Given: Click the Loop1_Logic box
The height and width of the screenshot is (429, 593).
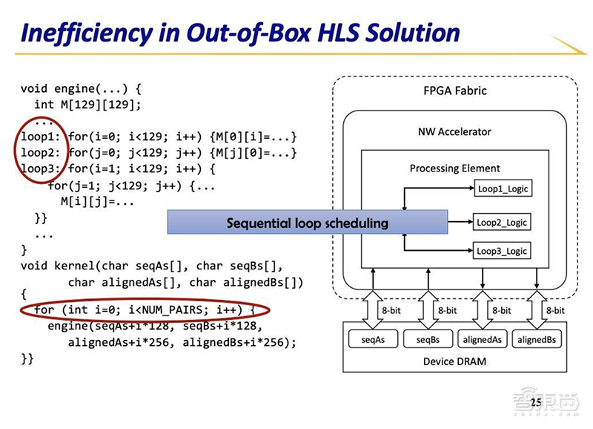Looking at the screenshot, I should pos(503,189).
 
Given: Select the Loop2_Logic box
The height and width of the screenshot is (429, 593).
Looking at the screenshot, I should pos(503,222).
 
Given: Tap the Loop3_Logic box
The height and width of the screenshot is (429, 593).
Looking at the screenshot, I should pos(503,251).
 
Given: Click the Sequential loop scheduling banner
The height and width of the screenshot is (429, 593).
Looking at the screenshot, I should pos(307,223).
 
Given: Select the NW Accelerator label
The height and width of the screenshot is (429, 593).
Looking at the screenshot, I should pos(454,131).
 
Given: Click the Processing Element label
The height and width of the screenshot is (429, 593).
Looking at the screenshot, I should pos(454,168).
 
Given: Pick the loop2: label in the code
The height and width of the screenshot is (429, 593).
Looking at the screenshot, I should pos(40,153).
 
